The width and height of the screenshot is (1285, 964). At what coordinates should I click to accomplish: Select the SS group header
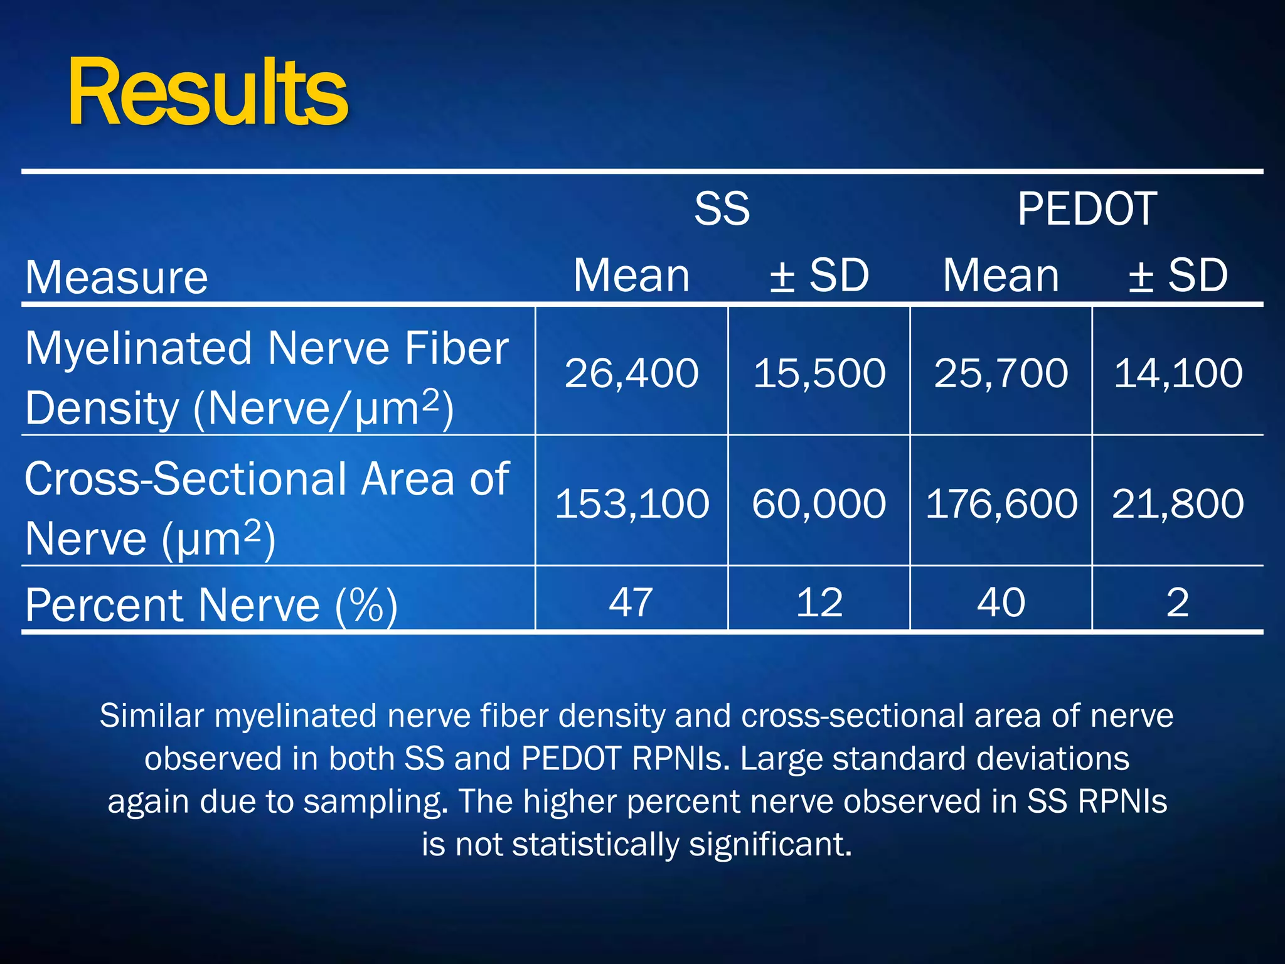pyautogui.click(x=722, y=209)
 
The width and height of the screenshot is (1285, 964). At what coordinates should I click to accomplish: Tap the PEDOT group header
pyautogui.click(x=1087, y=209)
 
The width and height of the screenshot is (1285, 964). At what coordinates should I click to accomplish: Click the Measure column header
pyautogui.click(x=117, y=277)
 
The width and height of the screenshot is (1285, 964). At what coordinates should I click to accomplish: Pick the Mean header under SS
pyautogui.click(x=631, y=276)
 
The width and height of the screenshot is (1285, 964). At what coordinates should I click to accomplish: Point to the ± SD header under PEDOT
pyautogui.click(x=1178, y=276)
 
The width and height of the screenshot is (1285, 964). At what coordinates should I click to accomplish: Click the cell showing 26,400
pyautogui.click(x=631, y=373)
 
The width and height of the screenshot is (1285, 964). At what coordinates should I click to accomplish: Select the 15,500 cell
pyautogui.click(x=819, y=373)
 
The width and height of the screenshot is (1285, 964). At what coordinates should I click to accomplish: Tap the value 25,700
pyautogui.click(x=1001, y=373)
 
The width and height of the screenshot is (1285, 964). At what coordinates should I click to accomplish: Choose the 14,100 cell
pyautogui.click(x=1178, y=373)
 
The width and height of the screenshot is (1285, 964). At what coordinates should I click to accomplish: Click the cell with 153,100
pyautogui.click(x=631, y=503)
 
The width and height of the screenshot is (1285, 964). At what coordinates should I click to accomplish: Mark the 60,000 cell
pyautogui.click(x=819, y=503)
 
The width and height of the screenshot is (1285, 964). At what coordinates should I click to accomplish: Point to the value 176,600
pyautogui.click(x=1001, y=503)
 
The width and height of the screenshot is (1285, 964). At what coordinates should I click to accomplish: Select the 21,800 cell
pyautogui.click(x=1178, y=503)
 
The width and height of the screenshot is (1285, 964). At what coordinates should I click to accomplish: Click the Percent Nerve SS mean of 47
pyautogui.click(x=631, y=602)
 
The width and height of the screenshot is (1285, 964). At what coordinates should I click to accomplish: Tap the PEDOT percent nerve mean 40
pyautogui.click(x=1001, y=602)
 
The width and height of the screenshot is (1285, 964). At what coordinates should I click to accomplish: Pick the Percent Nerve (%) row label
pyautogui.click(x=211, y=606)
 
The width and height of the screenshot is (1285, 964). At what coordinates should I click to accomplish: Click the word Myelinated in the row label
pyautogui.click(x=138, y=349)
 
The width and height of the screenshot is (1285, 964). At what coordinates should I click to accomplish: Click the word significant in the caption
pyautogui.click(x=770, y=844)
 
